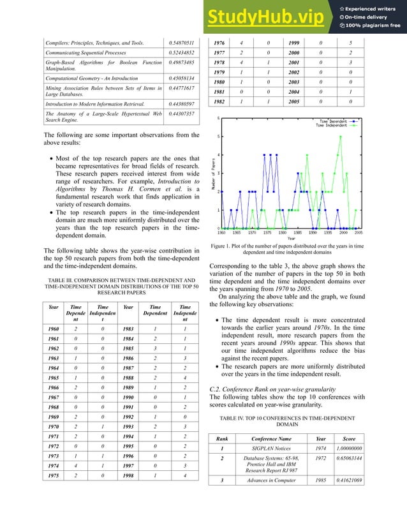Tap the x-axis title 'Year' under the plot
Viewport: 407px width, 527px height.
point(291,238)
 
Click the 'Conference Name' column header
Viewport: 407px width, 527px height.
point(272,438)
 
